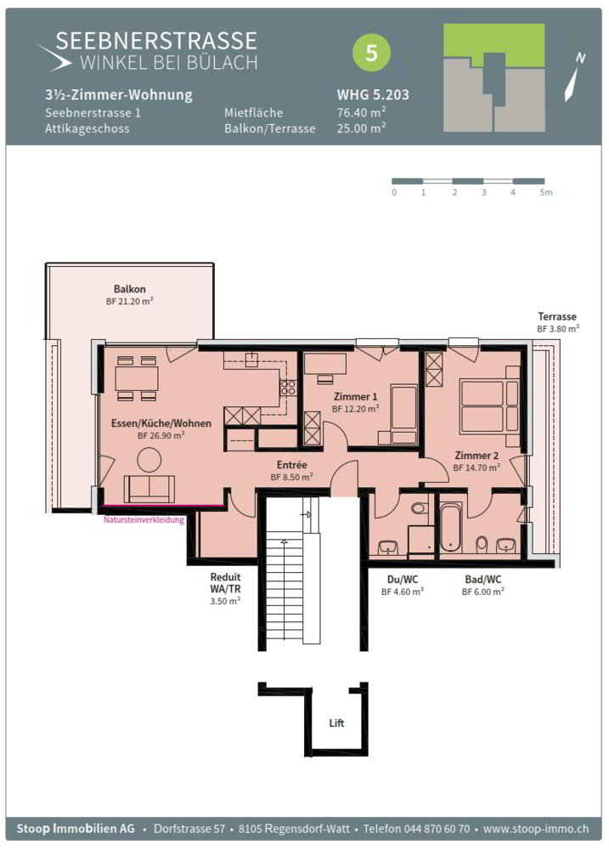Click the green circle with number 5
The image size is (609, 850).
point(371,53)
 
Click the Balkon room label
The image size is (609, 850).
point(129,289)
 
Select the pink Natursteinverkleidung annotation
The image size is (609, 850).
point(144,520)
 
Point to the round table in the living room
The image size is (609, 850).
point(149,460)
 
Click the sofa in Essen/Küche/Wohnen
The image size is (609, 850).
point(149,489)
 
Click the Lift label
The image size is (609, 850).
point(336,722)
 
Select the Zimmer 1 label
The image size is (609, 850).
point(355,397)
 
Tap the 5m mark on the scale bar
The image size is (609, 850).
point(545,192)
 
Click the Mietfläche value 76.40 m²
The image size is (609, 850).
point(361,112)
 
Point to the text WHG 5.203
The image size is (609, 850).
point(373,94)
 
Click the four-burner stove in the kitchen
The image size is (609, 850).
point(288,388)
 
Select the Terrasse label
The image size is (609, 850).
point(557,316)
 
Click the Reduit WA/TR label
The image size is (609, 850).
point(225,583)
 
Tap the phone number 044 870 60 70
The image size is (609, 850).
point(436,829)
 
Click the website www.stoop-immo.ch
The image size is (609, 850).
point(536,829)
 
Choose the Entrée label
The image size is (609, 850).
point(292,465)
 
